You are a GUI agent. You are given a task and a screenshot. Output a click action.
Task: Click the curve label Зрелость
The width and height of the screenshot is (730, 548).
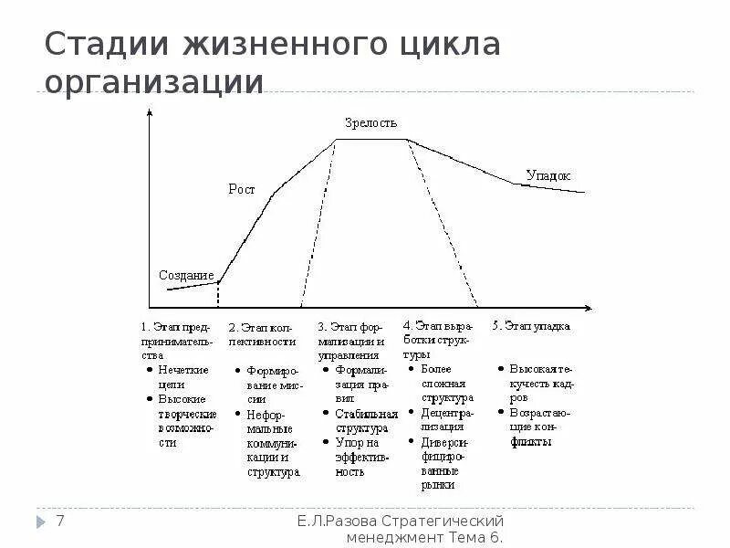pos(370,122)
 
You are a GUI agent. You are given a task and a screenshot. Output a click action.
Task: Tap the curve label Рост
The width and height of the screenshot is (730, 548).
pos(241,190)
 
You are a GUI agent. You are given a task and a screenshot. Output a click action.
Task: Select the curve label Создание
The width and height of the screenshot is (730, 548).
pos(186,275)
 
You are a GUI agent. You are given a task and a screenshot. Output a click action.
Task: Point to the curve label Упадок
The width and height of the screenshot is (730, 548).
pos(547,174)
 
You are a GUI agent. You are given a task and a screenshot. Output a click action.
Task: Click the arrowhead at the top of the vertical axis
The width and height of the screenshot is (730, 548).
pos(149,111)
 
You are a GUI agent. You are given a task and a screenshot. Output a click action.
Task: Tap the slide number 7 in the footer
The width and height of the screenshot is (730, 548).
pos(61,522)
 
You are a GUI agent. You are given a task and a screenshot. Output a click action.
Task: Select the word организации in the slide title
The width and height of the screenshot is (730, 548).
pos(154,82)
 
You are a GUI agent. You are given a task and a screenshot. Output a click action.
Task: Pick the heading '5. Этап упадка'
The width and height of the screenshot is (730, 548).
pos(531,325)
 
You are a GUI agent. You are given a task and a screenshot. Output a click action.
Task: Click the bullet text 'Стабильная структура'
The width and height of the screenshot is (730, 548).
pos(360,420)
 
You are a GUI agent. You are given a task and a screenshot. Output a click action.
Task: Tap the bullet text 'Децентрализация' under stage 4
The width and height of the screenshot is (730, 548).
pos(447,419)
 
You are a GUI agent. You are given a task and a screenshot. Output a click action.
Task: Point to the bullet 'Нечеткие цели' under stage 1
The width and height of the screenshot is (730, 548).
pos(183,377)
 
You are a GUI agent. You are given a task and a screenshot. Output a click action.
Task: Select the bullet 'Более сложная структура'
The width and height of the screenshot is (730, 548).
pos(447,384)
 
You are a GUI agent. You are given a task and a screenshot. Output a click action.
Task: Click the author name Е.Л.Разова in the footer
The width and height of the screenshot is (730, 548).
pos(337,521)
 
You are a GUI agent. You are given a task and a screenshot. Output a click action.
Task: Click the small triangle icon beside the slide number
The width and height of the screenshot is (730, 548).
pos(41,522)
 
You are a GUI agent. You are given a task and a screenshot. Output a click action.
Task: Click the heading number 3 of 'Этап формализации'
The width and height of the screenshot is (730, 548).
pos(321,325)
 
